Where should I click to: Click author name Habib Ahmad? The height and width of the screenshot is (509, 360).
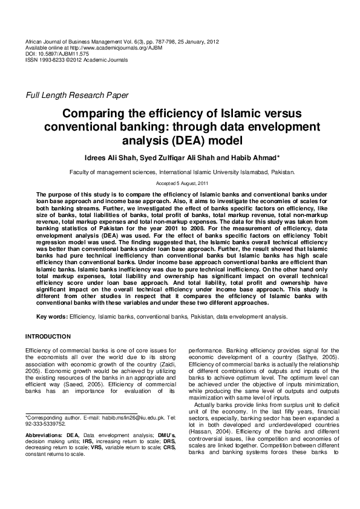pos(251,158)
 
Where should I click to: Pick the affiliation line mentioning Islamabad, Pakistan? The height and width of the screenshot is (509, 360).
pos(182,172)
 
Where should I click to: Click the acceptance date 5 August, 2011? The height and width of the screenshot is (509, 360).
pos(186,183)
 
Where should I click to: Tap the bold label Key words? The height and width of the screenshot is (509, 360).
pos(52,316)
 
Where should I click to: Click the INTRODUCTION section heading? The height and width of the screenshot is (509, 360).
pos(48,336)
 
